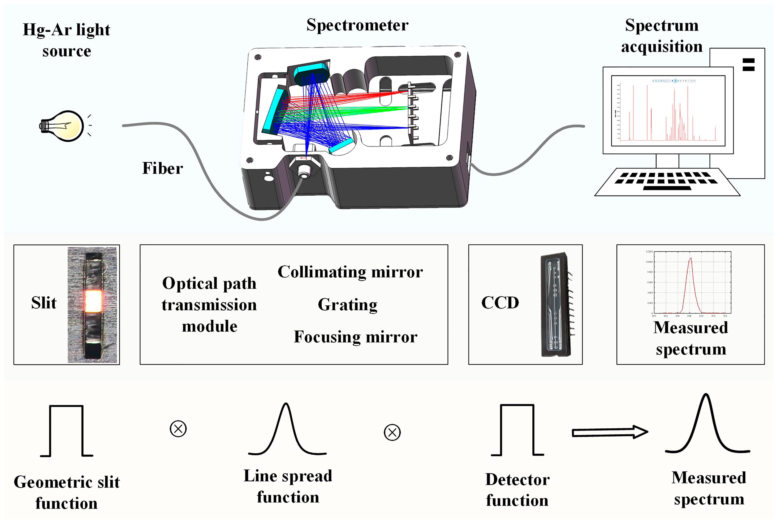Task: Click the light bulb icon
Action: click(x=64, y=126)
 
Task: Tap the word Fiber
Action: click(x=163, y=168)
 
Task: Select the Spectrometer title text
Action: click(x=357, y=25)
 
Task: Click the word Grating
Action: click(x=347, y=305)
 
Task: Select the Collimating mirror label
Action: click(x=350, y=272)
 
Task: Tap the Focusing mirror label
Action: click(x=355, y=337)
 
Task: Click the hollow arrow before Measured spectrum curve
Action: click(x=609, y=432)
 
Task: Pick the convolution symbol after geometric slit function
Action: click(x=178, y=429)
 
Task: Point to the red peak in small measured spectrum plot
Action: click(x=691, y=259)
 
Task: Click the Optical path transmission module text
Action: click(x=209, y=305)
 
